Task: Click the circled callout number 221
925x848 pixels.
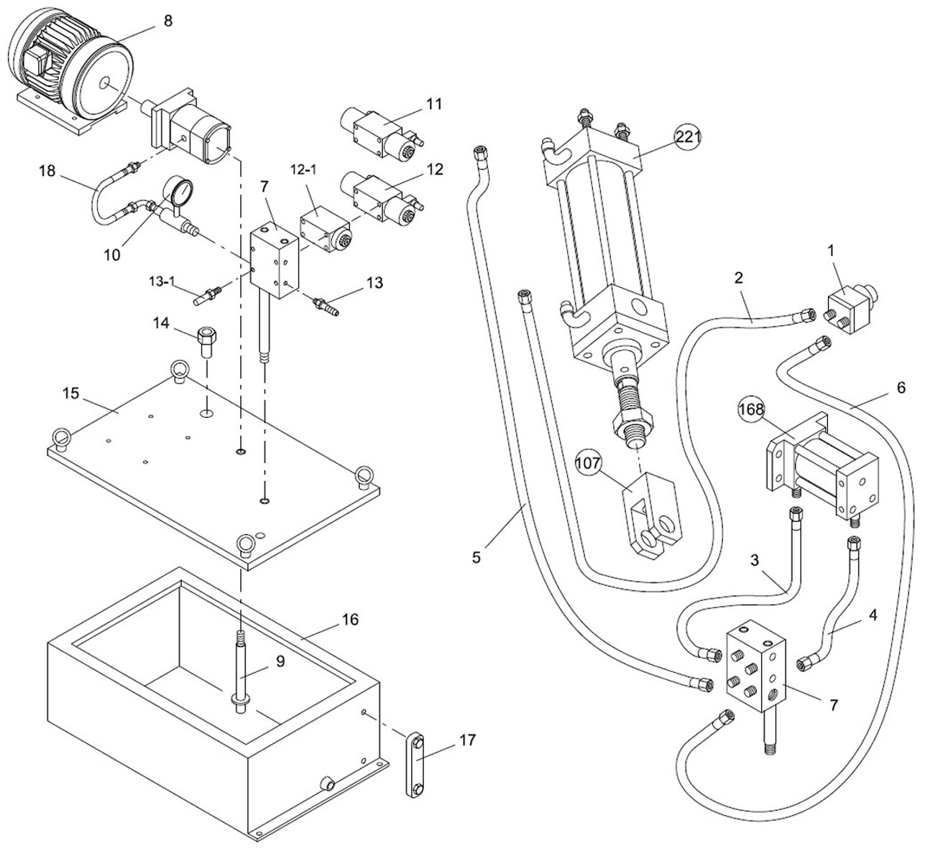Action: [688, 137]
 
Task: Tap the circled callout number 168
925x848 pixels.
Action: [752, 409]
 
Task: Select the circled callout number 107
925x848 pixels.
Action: [588, 462]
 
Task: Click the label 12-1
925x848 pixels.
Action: [303, 169]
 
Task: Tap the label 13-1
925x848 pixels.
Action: [162, 281]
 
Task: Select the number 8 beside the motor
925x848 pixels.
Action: [168, 21]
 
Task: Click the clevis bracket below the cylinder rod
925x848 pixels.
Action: [651, 516]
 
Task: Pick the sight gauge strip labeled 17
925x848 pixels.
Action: [415, 763]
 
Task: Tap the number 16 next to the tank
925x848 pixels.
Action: [351, 620]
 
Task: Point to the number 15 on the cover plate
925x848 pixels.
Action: [71, 393]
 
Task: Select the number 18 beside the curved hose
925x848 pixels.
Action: [47, 171]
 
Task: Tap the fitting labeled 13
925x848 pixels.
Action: [326, 307]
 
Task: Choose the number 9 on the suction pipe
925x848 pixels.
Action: [280, 661]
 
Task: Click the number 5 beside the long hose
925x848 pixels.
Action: [477, 557]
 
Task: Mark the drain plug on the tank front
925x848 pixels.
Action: [328, 782]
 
